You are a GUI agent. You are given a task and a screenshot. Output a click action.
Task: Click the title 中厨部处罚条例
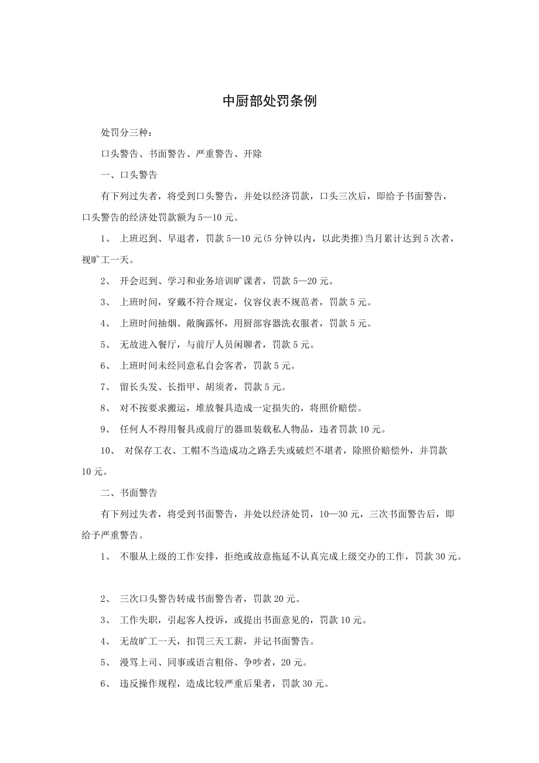[x=269, y=101]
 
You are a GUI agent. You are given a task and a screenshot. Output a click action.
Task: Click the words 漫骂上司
[x=138, y=662]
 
